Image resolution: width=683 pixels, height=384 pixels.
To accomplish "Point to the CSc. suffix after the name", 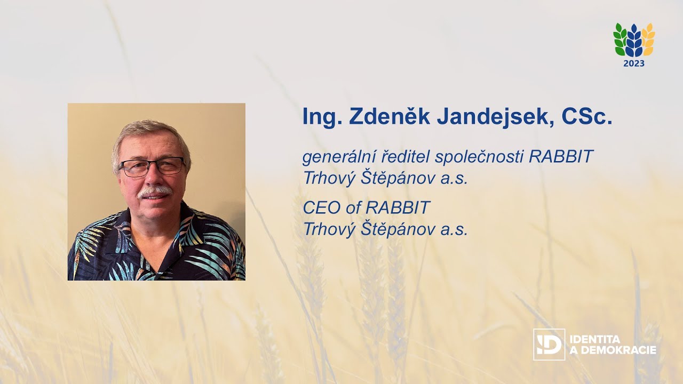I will (x=587, y=117).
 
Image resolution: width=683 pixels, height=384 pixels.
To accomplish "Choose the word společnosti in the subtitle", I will (x=481, y=157).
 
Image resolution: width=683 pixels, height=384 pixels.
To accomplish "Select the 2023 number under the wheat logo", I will (x=634, y=63).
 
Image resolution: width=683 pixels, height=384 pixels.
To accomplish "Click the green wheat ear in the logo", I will (x=620, y=40).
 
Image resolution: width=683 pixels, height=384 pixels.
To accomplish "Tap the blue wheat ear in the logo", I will (x=634, y=41).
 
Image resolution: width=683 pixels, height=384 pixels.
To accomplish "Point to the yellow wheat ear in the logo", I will (x=648, y=40).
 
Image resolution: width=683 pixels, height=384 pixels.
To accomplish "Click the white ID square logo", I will (x=549, y=344).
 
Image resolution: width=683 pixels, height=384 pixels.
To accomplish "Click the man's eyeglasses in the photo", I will (x=152, y=167).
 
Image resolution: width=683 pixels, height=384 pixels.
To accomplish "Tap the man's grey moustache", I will (x=154, y=190).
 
